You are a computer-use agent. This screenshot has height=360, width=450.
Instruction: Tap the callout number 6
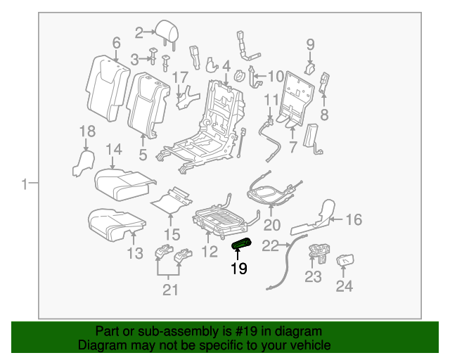116,44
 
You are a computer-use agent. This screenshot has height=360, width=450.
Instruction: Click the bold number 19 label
239,269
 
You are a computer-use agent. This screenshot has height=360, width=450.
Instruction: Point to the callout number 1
24,185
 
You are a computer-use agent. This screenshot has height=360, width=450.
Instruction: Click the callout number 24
345,286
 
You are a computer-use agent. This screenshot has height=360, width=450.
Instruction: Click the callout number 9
310,45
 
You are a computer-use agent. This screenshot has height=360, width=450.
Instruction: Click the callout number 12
210,251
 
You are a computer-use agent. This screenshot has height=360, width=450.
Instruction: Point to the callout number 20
271,225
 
